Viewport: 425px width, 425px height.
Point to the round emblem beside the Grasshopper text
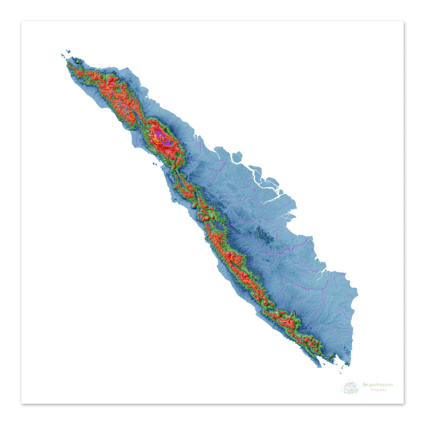[350, 387]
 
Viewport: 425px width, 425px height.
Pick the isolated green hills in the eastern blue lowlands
[263, 237]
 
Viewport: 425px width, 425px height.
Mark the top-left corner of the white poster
[22, 22]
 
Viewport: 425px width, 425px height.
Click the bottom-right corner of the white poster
[404, 404]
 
